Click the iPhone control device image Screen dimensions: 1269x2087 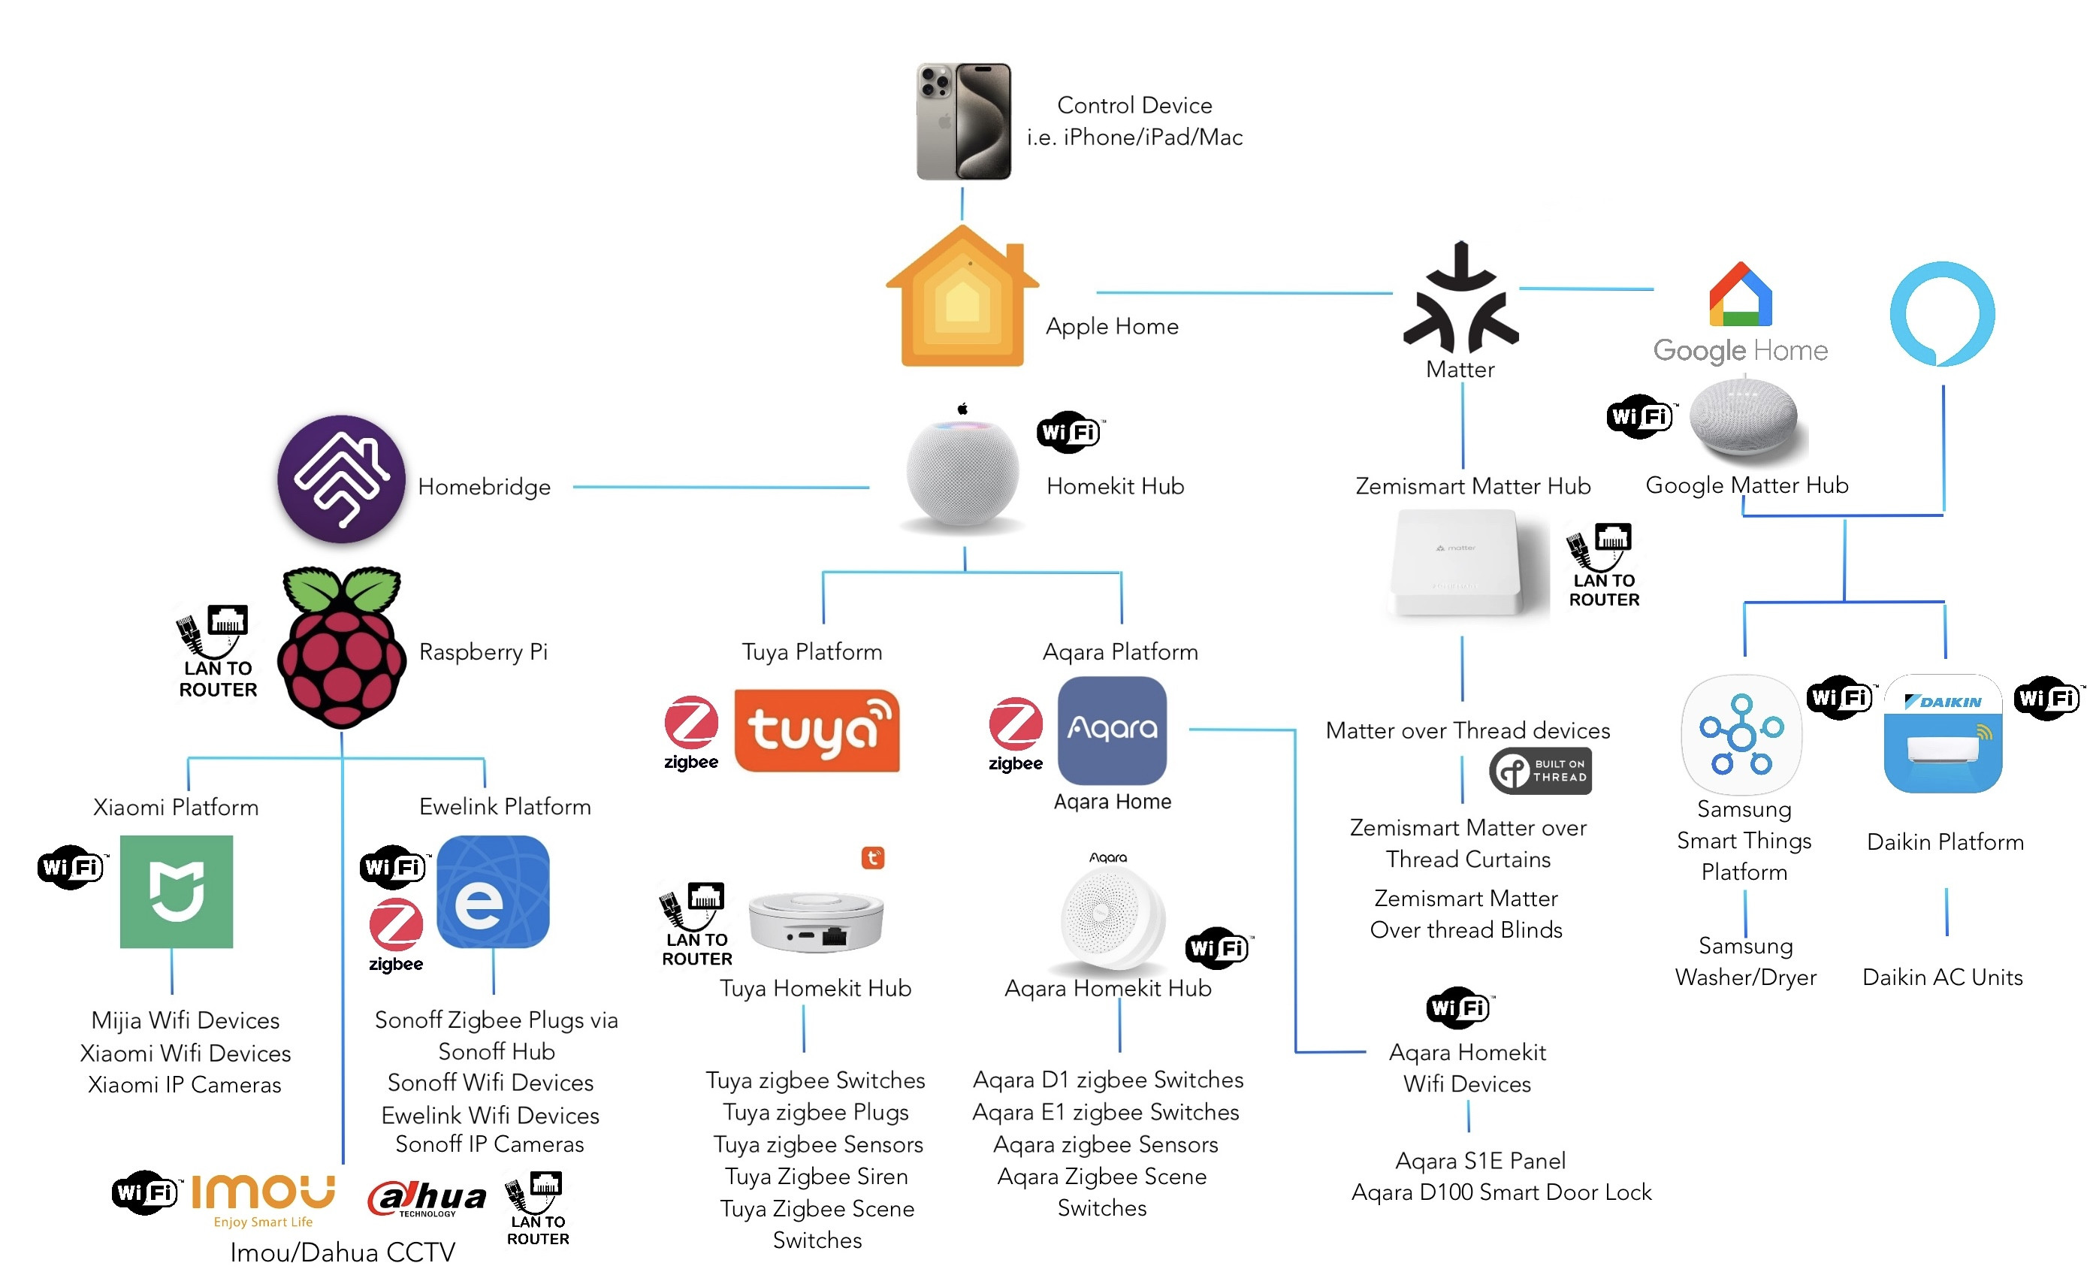[964, 121]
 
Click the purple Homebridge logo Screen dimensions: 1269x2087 [341, 479]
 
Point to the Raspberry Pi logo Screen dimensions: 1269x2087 [341, 648]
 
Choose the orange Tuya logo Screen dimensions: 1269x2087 [817, 730]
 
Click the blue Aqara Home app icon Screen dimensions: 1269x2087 [1111, 730]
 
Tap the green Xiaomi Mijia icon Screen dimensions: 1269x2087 [177, 891]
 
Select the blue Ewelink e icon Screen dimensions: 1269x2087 [493, 891]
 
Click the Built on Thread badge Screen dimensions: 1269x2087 [1540, 770]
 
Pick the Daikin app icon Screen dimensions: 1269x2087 [1942, 733]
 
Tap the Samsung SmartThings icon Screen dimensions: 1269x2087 [1741, 733]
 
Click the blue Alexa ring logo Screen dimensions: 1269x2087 [1942, 313]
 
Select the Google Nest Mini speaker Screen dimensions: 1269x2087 [1743, 417]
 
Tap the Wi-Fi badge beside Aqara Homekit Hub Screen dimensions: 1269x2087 [1217, 948]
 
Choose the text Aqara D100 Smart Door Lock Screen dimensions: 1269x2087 [1501, 1193]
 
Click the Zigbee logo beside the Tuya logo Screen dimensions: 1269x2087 [691, 732]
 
